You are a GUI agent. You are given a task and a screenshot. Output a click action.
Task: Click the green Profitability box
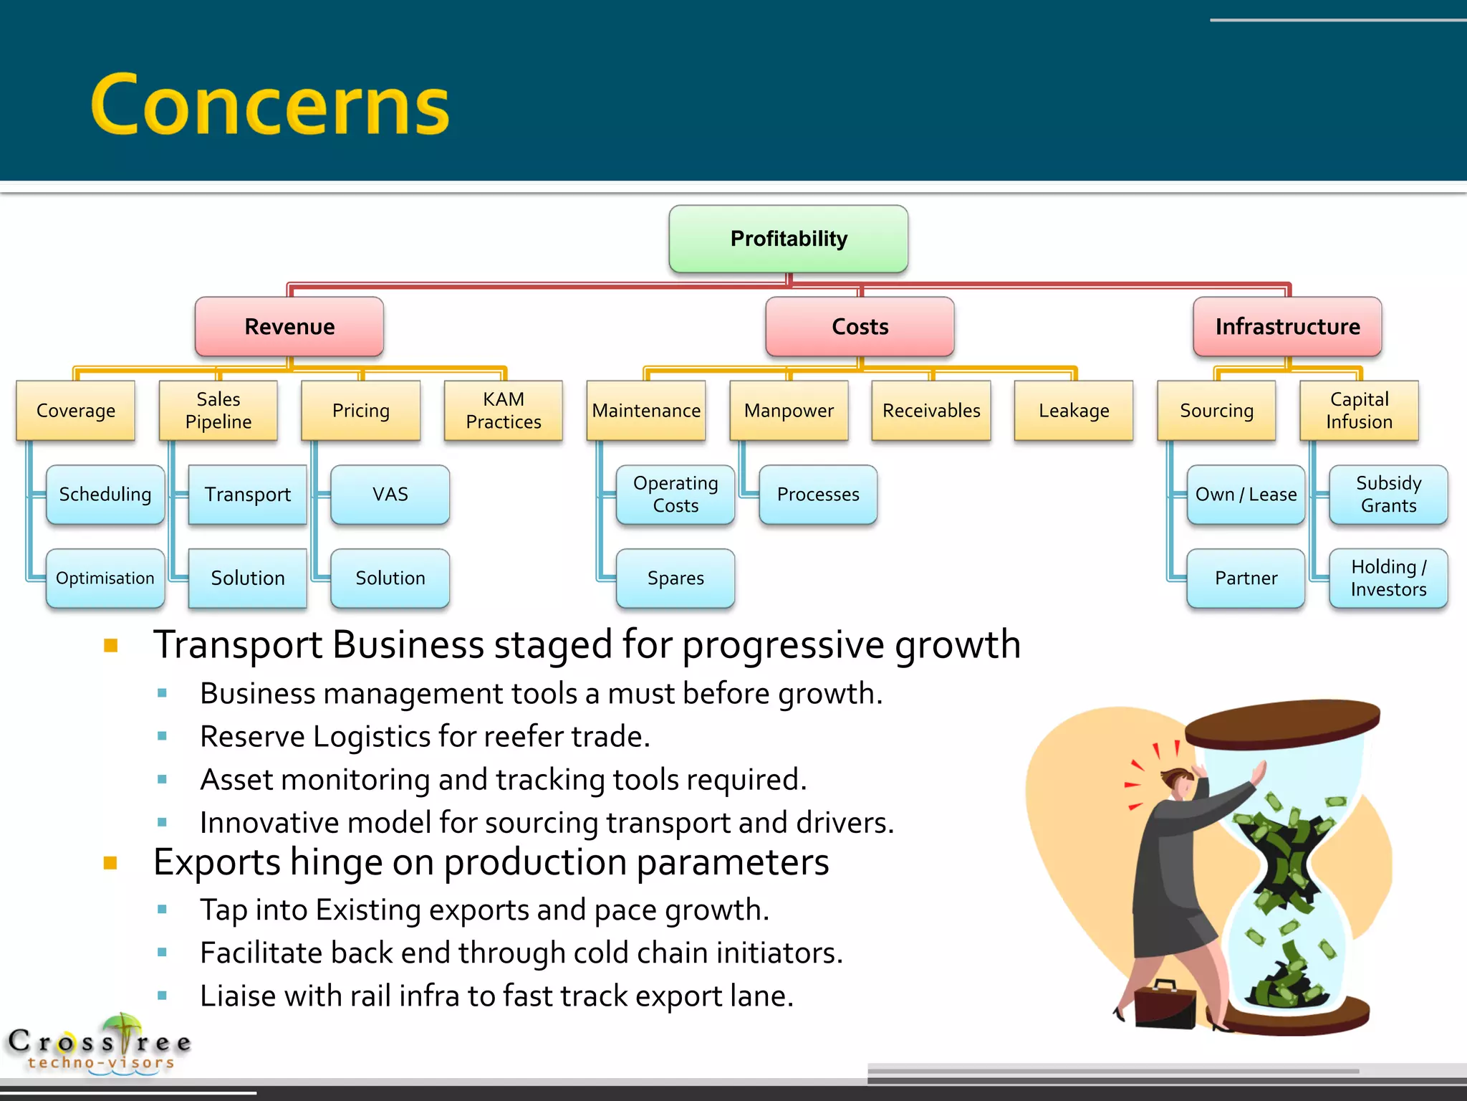[x=788, y=239]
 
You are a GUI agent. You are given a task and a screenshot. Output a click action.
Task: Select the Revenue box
[x=289, y=327]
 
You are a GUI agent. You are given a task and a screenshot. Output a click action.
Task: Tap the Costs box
[x=860, y=327]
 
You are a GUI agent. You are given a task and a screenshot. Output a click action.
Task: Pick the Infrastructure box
[x=1287, y=327]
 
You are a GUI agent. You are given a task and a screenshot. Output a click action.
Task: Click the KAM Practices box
[x=504, y=410]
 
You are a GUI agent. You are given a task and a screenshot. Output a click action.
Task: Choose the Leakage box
[x=1074, y=410]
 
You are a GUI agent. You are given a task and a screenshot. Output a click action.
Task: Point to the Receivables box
[x=931, y=410]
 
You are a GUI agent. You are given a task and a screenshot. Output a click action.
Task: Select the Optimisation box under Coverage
[x=105, y=578]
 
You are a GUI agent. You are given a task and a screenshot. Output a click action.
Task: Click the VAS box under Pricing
[x=390, y=495]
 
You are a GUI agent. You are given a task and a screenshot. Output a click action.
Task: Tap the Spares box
[x=675, y=578]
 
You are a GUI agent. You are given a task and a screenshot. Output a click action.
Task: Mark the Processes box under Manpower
[x=818, y=495]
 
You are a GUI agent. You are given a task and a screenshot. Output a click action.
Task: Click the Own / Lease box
[x=1246, y=495]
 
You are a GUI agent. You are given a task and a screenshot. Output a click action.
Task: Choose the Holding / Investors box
[x=1388, y=578]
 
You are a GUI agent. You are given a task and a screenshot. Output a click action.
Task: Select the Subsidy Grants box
[x=1388, y=495]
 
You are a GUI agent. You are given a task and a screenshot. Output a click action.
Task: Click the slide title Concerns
[x=271, y=105]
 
